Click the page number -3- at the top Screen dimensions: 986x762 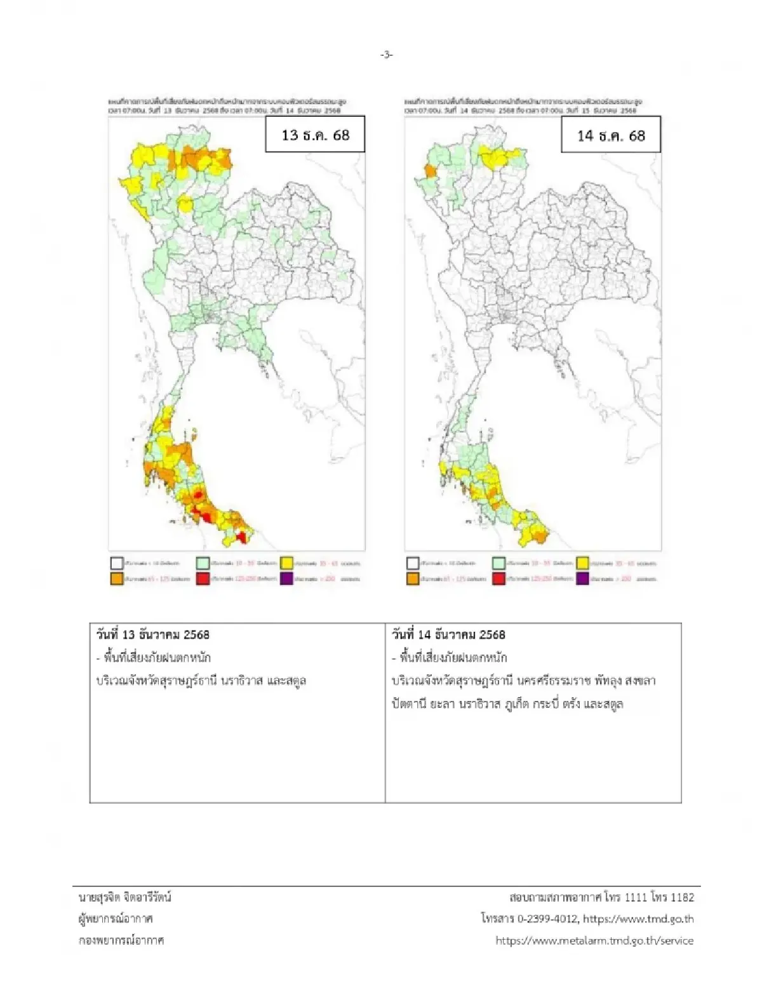[x=387, y=55]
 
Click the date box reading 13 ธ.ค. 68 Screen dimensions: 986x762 [x=315, y=135]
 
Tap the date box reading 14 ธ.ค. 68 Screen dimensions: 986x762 [x=610, y=135]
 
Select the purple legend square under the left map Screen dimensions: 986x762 [x=286, y=579]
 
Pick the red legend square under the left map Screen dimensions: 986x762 [x=203, y=579]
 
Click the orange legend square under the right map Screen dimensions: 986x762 [x=413, y=579]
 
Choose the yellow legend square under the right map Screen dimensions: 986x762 [x=582, y=563]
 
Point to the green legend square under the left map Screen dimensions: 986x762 [x=203, y=563]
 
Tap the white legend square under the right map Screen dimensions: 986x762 [x=413, y=563]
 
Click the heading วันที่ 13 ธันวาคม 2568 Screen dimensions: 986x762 [x=152, y=635]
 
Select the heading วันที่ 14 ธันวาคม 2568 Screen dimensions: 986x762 [x=449, y=635]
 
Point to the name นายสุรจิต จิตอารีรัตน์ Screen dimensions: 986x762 [x=125, y=897]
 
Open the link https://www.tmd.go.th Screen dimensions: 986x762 [x=638, y=919]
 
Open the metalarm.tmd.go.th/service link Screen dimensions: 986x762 [x=594, y=940]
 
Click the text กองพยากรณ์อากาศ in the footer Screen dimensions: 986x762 [x=121, y=940]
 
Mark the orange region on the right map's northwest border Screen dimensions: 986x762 [x=429, y=171]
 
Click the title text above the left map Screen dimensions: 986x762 [x=232, y=105]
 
